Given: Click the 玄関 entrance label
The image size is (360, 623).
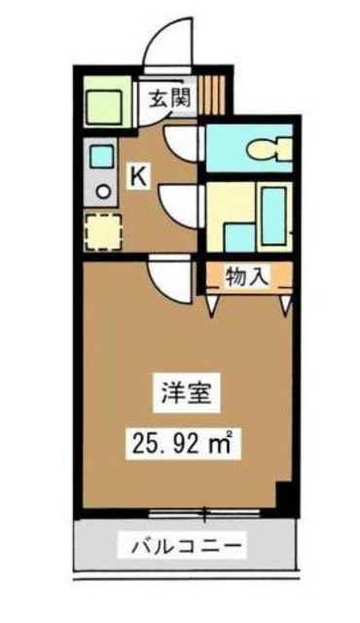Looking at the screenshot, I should coord(167,97).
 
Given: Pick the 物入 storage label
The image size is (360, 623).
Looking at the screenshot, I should coord(247,275).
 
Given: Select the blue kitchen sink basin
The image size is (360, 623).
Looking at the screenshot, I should coord(101,154).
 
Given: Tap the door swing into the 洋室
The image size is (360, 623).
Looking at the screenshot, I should coord(168,283).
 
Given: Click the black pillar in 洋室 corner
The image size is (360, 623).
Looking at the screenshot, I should coord(283,496).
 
